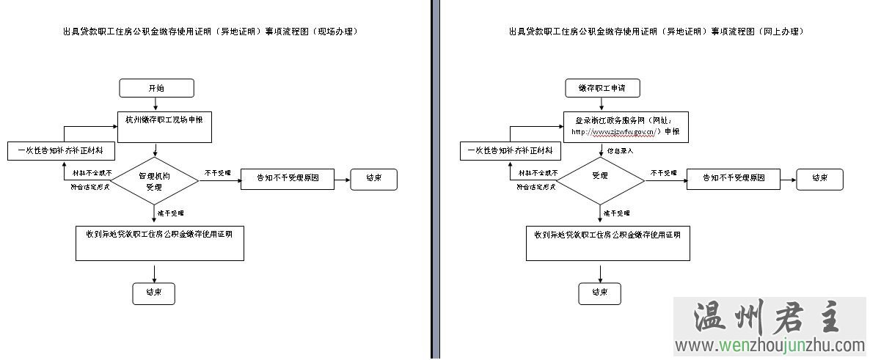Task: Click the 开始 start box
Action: (x=156, y=88)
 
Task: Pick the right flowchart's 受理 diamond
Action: (x=600, y=177)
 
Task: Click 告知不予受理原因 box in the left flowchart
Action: (x=287, y=178)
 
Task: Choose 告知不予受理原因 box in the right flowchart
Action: (x=733, y=178)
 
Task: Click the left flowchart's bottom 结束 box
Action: (x=154, y=293)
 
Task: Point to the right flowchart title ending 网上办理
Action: (x=657, y=32)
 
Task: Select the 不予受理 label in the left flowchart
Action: (x=218, y=173)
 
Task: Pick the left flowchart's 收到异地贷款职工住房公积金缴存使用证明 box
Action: (x=160, y=243)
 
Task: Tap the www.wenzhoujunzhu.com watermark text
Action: (x=770, y=345)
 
